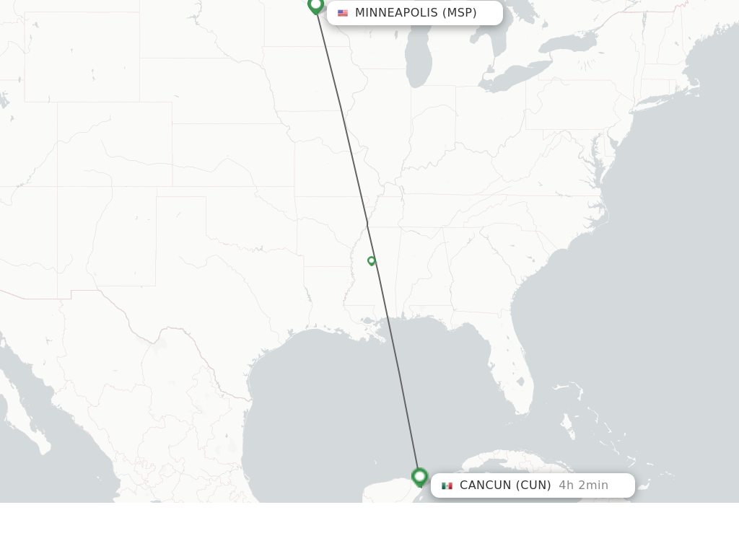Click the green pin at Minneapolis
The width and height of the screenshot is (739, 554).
pos(315,5)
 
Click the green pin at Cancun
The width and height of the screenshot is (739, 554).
pos(419,476)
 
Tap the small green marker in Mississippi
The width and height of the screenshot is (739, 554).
pos(372,260)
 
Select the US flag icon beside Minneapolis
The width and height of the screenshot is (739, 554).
pos(343,13)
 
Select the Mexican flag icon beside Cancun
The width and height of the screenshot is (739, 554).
pos(447,485)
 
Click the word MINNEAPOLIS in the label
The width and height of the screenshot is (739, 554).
pos(396,13)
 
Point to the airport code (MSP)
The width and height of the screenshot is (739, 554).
pos(460,13)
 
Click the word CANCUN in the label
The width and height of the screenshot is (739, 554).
pos(485,485)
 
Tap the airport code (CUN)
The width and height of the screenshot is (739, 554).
pos(533,485)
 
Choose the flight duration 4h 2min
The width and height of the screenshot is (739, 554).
pos(583,485)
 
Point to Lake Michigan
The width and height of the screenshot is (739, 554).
pos(419,58)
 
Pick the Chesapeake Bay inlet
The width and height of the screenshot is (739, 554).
pos(596,155)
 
